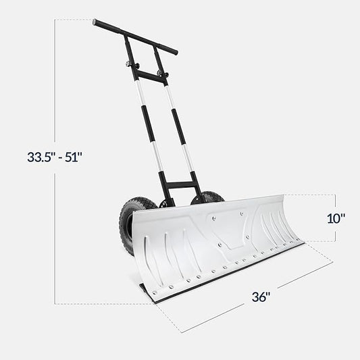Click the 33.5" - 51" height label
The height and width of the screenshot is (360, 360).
coord(54,157)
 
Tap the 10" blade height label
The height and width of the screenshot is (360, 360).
coord(336,217)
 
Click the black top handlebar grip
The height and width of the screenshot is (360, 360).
coord(135,36)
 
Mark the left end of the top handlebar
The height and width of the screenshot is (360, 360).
coord(96,22)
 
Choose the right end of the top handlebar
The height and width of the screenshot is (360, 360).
coord(175,51)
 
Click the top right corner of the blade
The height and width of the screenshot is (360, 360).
coord(282,197)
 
